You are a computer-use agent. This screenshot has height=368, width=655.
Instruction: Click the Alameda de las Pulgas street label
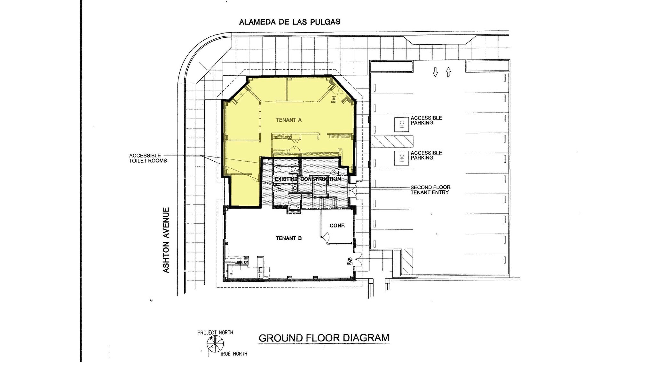pos(289,22)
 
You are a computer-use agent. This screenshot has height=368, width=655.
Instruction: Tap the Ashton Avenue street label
pos(166,240)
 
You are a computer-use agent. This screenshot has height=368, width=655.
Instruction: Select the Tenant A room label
pos(289,120)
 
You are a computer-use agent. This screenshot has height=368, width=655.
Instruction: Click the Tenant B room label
pos(288,238)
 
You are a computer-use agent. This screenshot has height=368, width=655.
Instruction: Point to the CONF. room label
pos(337,226)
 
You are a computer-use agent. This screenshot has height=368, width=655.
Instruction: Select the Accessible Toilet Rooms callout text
pos(148,158)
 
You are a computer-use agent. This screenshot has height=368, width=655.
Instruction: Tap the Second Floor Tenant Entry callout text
pos(430,190)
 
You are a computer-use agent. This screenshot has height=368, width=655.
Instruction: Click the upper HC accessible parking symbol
pos(402,124)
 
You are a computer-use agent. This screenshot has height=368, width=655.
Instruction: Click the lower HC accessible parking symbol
pos(402,158)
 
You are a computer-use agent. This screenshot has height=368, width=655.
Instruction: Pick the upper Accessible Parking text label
pos(426,120)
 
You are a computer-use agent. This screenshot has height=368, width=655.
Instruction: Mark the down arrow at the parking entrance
pos(435,72)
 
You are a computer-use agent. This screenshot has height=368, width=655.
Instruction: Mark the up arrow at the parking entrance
pos(448,72)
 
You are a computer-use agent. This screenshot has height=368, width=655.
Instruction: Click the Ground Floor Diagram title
pos(324,338)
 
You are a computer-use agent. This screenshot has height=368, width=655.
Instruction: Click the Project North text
pos(215,333)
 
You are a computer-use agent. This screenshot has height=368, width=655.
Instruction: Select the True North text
pos(233,354)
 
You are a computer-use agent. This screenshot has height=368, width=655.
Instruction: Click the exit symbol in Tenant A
pos(334,98)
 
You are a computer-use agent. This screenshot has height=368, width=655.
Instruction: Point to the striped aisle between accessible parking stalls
pos(392,141)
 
